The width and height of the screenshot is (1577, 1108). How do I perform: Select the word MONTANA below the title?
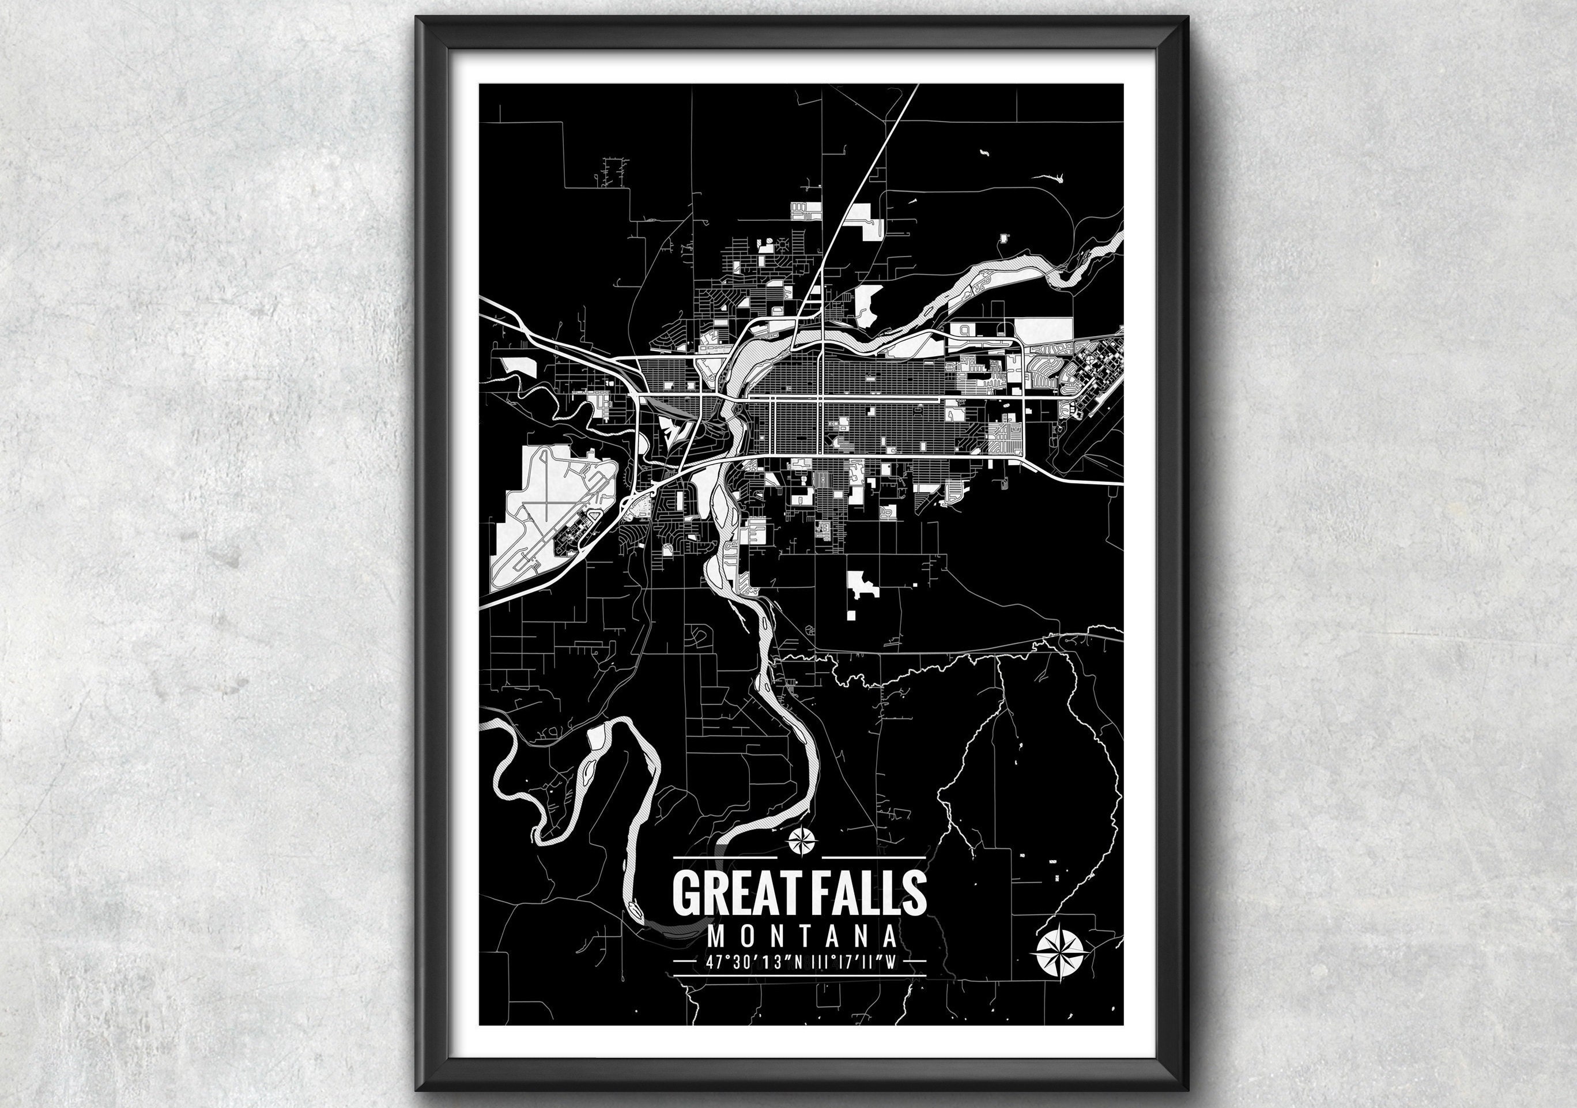[802, 936]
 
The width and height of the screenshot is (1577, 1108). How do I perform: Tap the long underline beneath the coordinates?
[800, 975]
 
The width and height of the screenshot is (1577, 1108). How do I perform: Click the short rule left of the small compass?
[724, 858]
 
